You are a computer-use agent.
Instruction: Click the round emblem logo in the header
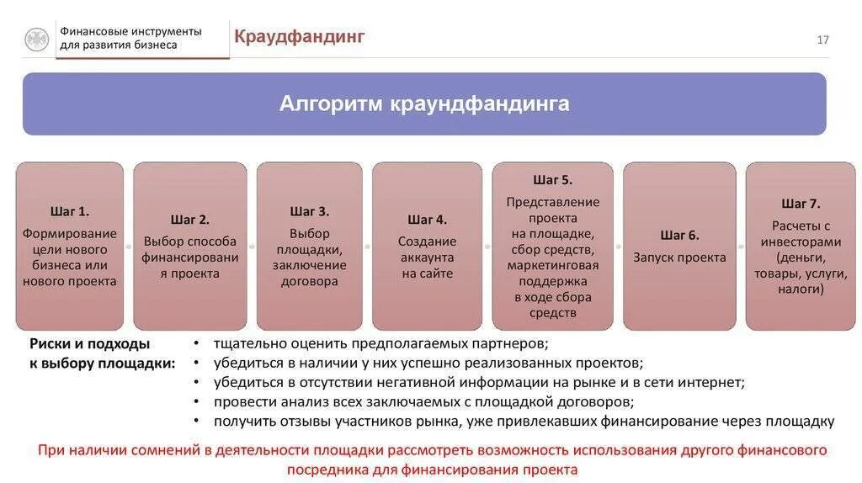(36, 40)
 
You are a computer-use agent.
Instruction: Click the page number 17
(822, 40)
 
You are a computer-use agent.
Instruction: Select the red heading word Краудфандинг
(299, 37)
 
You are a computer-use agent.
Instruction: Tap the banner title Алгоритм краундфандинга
(424, 103)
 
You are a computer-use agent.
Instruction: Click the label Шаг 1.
(70, 211)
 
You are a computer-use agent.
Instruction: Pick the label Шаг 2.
(190, 220)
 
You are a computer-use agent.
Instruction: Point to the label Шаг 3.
(309, 211)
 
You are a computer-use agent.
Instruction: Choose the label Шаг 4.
(427, 220)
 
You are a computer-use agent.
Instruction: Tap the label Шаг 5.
(553, 179)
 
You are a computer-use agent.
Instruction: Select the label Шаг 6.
(679, 236)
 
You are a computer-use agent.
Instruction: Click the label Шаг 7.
(801, 204)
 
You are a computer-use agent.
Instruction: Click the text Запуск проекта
(679, 257)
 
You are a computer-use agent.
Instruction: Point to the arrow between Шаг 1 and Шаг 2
(129, 247)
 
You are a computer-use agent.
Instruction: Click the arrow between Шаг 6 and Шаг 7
(741, 247)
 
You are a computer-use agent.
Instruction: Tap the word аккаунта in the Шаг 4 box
(427, 257)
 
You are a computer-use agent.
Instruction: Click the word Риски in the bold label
(50, 343)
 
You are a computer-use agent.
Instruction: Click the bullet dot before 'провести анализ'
(196, 402)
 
